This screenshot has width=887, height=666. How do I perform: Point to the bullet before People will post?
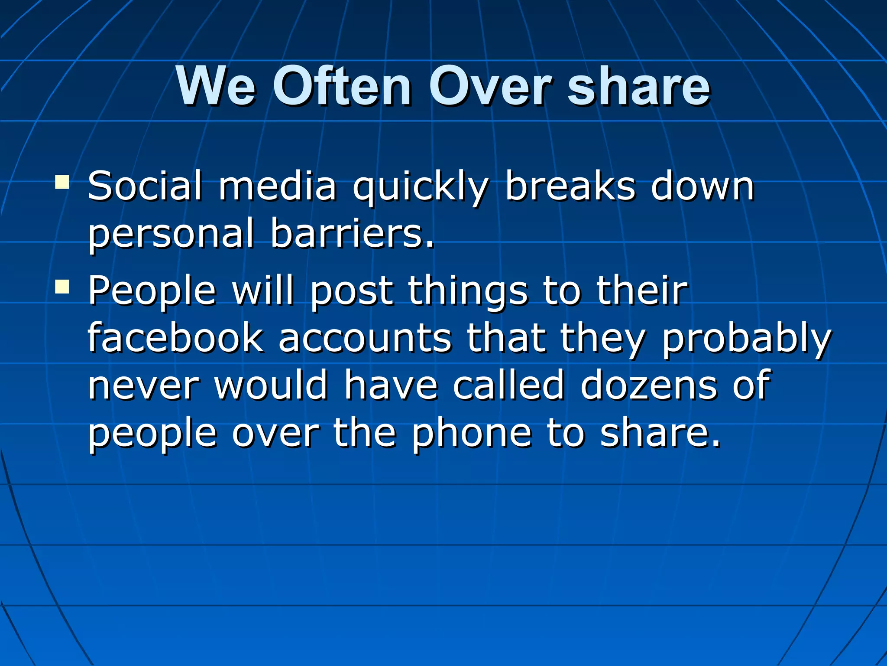[x=62, y=286]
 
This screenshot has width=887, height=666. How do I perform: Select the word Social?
[x=145, y=186]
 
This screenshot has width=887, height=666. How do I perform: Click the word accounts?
[x=365, y=338]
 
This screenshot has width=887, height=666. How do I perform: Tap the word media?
[x=278, y=186]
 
